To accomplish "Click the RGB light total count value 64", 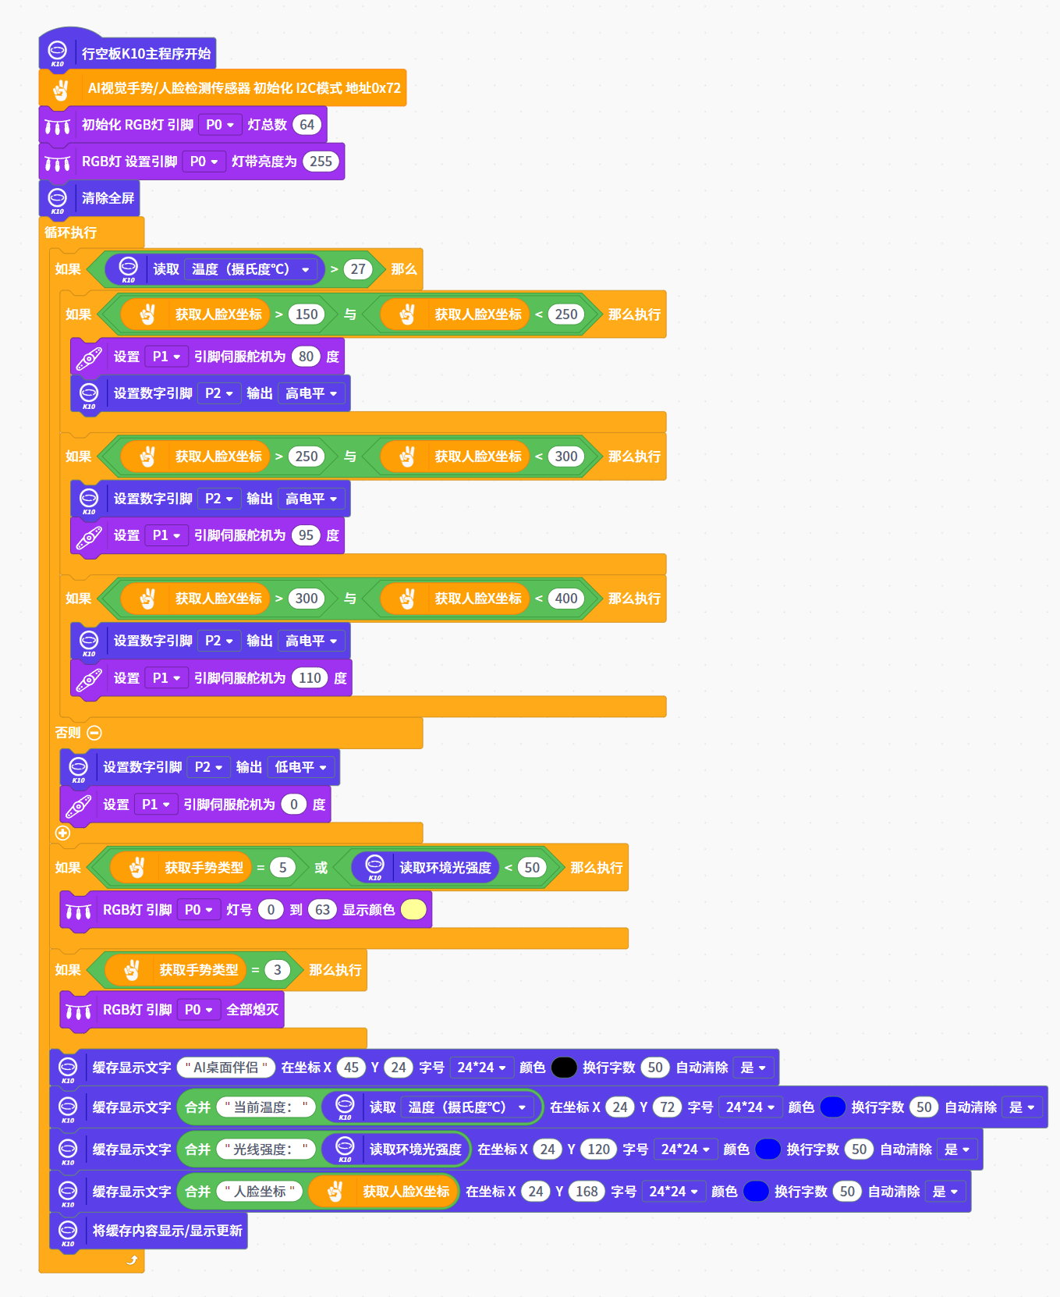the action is tap(307, 125).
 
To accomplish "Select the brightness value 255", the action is tap(321, 162).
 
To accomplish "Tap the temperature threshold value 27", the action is tap(358, 269).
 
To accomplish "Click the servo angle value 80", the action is tap(306, 357).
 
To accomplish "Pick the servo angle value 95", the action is tap(306, 535).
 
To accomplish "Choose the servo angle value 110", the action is tap(310, 678).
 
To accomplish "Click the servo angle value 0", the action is tap(294, 805).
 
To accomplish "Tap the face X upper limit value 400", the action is tap(566, 599).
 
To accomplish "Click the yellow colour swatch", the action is tap(413, 910).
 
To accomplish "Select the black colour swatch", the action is tap(564, 1068).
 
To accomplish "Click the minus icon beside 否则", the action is tap(94, 733).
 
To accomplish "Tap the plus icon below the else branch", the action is tap(63, 833).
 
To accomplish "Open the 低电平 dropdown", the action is tap(302, 767).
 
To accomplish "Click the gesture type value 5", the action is tap(282, 868).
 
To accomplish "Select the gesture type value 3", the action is tap(277, 970).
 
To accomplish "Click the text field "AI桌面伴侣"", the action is tap(226, 1068).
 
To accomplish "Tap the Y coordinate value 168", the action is tap(587, 1192).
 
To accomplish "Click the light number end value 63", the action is tap(322, 910).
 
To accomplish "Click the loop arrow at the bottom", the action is tap(132, 1260).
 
